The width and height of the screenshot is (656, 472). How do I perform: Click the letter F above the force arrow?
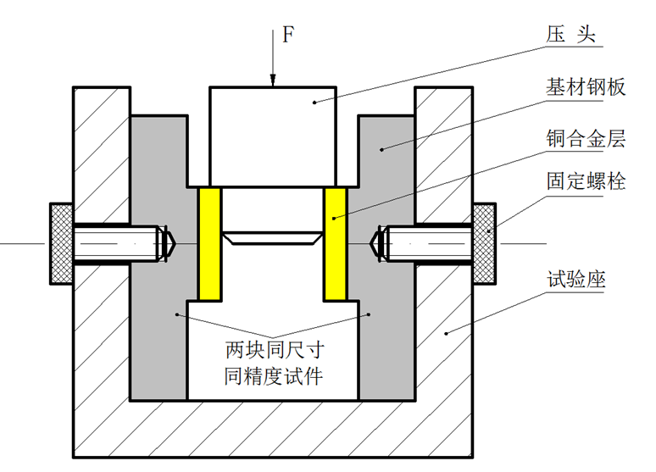(x=287, y=35)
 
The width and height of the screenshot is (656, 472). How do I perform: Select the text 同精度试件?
(x=273, y=376)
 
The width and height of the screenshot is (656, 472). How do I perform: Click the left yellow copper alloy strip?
(x=209, y=244)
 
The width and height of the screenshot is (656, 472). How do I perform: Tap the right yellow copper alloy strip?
(x=336, y=244)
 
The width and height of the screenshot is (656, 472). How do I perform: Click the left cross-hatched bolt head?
(x=61, y=243)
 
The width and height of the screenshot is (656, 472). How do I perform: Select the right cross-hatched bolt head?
(x=484, y=243)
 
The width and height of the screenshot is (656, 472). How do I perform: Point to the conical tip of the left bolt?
(x=167, y=243)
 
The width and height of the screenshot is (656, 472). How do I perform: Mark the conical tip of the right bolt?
(x=378, y=243)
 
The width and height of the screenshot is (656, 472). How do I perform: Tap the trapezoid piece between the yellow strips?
(x=272, y=237)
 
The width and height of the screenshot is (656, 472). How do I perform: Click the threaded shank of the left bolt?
(x=114, y=243)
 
